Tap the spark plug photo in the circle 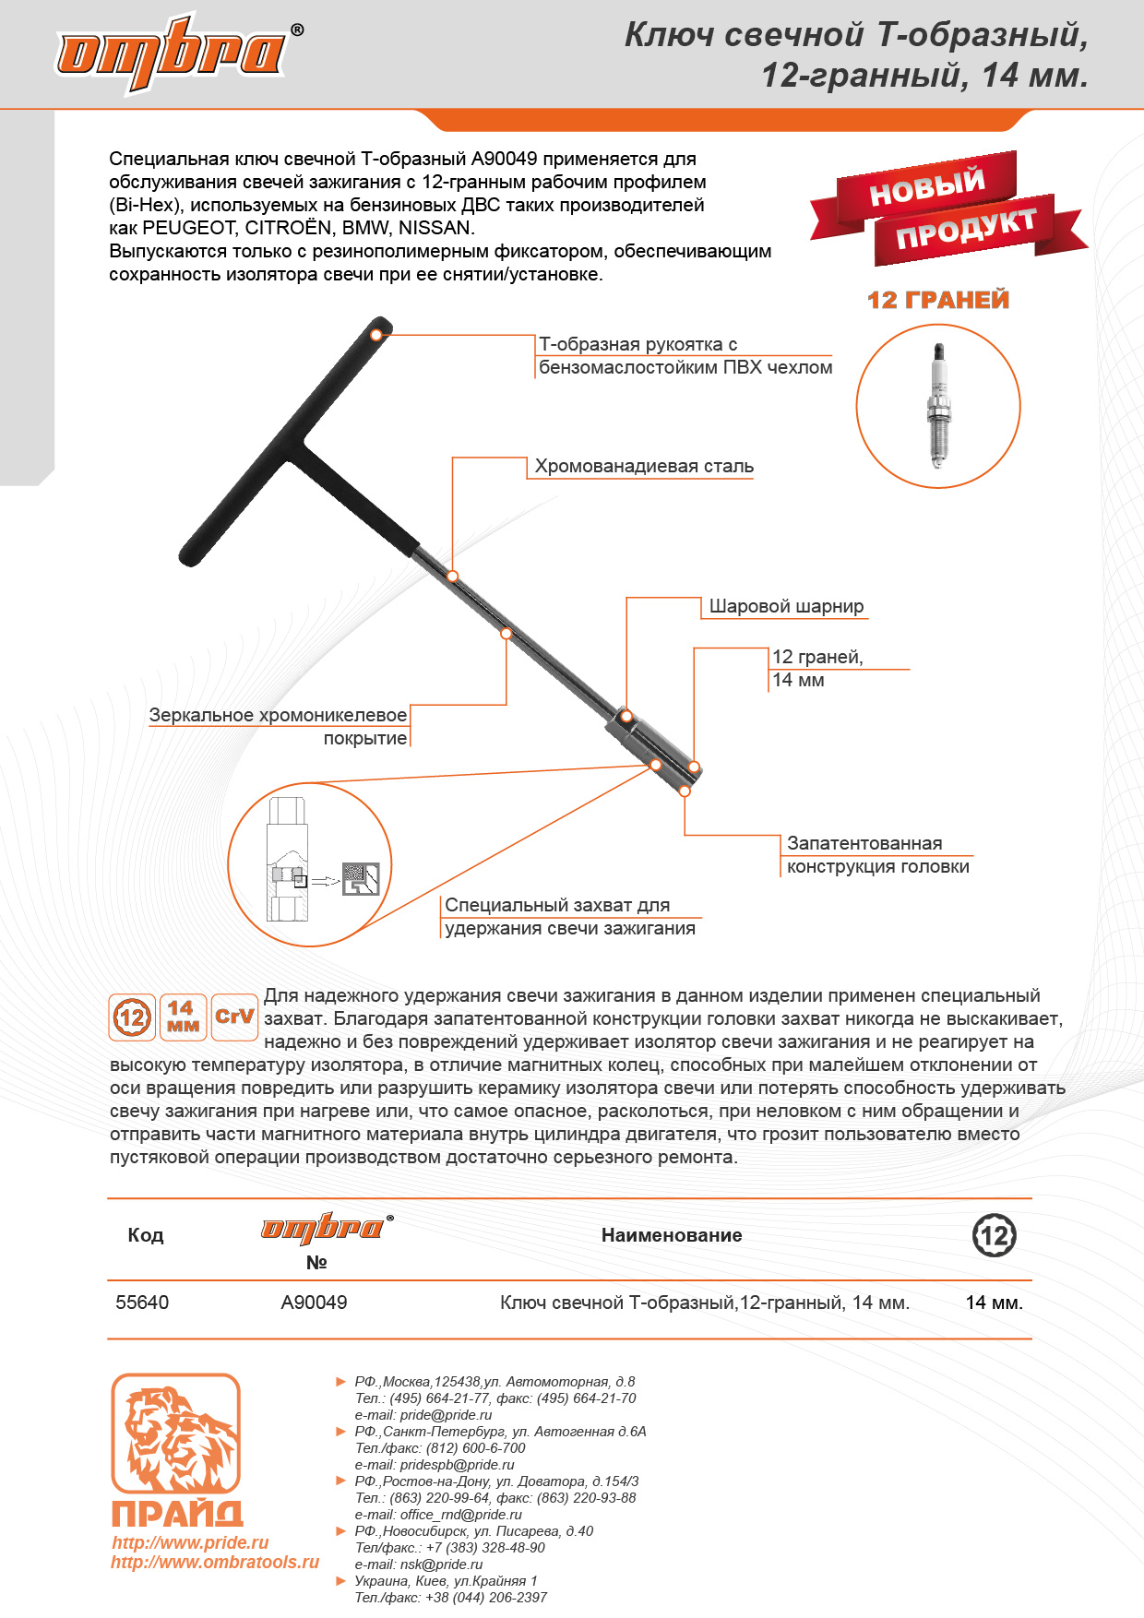pos(938,406)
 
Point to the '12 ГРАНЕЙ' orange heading pos(938,300)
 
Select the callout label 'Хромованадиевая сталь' pos(644,467)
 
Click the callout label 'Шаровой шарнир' pos(786,607)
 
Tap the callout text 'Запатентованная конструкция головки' pos(877,855)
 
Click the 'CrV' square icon pos(234,1017)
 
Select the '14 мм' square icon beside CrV pos(183,1017)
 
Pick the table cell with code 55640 pos(142,1303)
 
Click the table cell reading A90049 pos(314,1303)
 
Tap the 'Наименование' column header pos(672,1236)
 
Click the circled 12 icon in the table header pos(995,1236)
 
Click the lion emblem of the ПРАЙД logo pos(175,1434)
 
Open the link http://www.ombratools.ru pos(215,1563)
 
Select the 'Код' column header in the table pos(146,1236)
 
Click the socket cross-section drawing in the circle pos(310,865)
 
